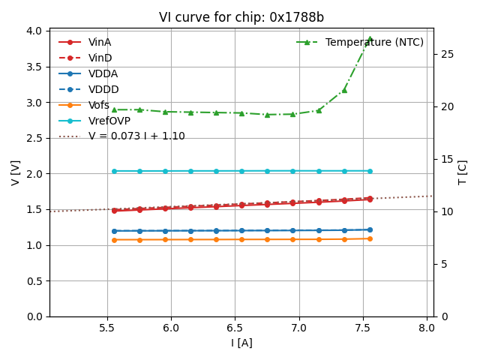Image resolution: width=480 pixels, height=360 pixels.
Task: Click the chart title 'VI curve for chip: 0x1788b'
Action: [x=241, y=17]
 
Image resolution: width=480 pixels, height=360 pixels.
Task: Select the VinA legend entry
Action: [x=99, y=42]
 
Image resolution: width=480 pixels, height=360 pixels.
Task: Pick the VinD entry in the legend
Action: [x=99, y=58]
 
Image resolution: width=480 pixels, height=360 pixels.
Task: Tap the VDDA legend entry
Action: [x=103, y=73]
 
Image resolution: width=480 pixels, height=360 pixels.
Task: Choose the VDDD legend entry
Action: [x=103, y=89]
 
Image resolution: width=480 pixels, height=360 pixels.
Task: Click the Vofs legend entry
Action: [x=98, y=105]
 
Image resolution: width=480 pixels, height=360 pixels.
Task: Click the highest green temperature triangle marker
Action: [x=370, y=39]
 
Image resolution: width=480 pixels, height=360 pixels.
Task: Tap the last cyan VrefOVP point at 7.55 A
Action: [x=370, y=171]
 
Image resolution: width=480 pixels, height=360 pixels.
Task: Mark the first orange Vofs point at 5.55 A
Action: [x=114, y=240]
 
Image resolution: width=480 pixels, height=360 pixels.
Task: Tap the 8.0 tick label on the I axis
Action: [x=427, y=328]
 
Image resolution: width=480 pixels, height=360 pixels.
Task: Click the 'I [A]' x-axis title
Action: [x=241, y=343]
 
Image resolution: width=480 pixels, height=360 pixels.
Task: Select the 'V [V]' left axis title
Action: [x=16, y=173]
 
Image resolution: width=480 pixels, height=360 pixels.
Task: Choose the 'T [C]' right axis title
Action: [x=463, y=173]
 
